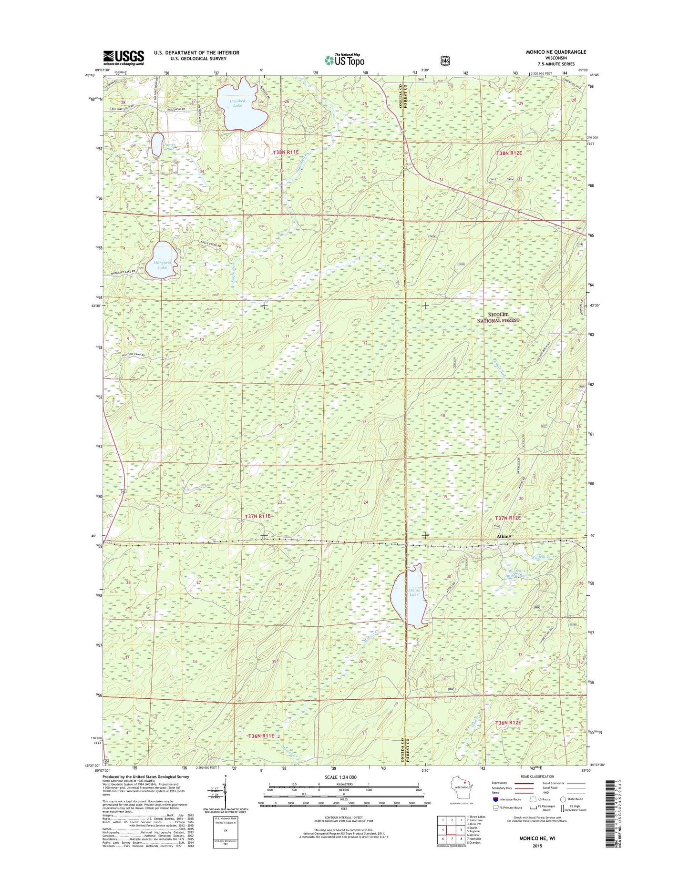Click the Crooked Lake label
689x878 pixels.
click(237, 103)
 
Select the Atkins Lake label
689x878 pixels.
click(413, 592)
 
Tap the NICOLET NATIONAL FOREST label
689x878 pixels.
click(498, 318)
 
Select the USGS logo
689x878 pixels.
click(123, 58)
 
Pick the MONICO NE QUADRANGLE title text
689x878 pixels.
click(556, 52)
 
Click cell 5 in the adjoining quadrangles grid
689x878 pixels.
click(461, 830)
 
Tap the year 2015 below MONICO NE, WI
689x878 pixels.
click(537, 846)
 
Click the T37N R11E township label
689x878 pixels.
click(257, 516)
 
